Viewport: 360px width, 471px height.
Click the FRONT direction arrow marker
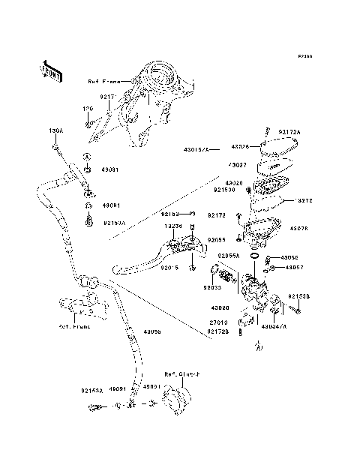click(x=52, y=70)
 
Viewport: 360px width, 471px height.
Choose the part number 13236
click(x=173, y=225)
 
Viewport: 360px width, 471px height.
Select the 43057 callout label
click(x=294, y=267)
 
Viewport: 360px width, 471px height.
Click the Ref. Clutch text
click(x=179, y=373)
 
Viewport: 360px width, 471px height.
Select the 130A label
click(x=56, y=130)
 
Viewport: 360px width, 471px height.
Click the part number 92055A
click(x=229, y=256)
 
